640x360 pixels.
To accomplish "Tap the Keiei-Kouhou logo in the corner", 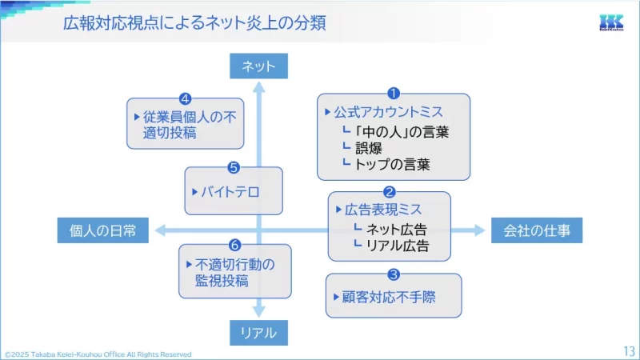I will coord(614,23).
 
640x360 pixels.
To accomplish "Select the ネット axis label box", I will coord(258,66).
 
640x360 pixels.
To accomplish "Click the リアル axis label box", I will coord(258,332).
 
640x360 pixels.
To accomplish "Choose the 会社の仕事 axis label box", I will coord(537,231).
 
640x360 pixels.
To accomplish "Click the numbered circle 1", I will coord(393,94).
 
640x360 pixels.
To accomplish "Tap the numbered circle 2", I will coord(390,192).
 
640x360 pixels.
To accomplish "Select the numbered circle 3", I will coord(393,274).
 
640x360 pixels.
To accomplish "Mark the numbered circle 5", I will coord(234,167).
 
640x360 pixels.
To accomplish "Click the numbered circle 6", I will coord(234,245).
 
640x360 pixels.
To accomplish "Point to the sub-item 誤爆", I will coord(368,148).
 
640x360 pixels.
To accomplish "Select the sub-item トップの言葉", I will coord(392,165).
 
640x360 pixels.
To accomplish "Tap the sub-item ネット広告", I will coord(396,230).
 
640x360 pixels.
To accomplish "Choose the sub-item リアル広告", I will coord(396,246).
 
